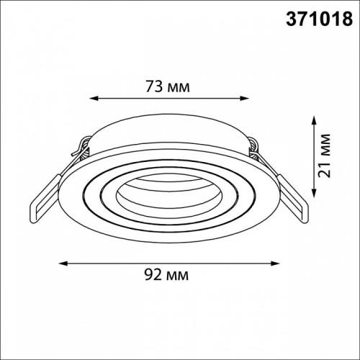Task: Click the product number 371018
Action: (319, 19)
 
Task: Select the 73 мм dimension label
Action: (168, 86)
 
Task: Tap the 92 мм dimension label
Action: (166, 275)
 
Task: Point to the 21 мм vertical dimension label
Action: (324, 156)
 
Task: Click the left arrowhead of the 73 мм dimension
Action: (94, 98)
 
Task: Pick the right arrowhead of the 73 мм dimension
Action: (245, 98)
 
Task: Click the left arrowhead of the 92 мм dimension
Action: (63, 264)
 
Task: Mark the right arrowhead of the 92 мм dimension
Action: (275, 264)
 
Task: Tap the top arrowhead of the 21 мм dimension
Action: (313, 120)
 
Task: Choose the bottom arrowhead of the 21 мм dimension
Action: (313, 192)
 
